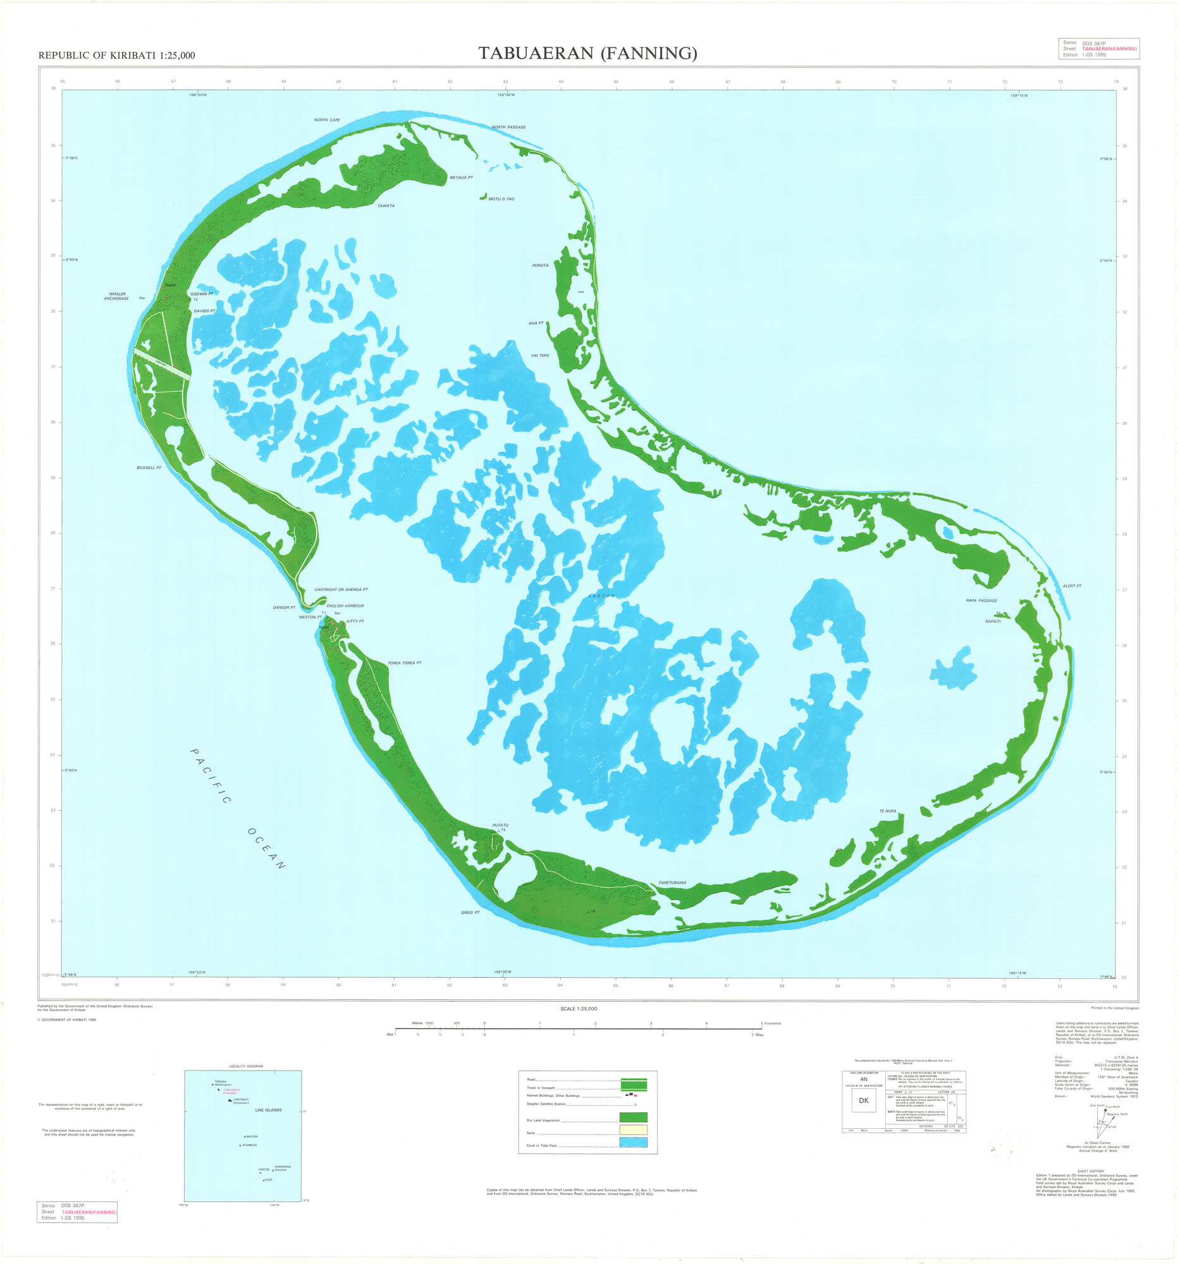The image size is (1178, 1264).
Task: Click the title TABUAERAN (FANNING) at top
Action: [x=587, y=54]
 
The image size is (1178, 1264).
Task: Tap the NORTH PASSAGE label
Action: [x=508, y=127]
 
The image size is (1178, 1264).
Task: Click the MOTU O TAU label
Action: [x=501, y=199]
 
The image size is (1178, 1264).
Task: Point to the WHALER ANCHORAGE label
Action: [x=116, y=296]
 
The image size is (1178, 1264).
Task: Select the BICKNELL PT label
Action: [x=149, y=468]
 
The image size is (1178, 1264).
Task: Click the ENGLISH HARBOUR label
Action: [x=345, y=606]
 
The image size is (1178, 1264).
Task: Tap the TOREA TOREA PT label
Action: [x=405, y=663]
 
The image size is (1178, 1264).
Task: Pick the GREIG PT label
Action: [x=470, y=913]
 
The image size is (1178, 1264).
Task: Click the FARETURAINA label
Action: [x=672, y=883]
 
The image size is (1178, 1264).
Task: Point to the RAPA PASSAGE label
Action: [x=981, y=600]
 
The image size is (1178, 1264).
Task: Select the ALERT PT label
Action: [x=1072, y=586]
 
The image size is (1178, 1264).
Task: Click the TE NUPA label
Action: [x=887, y=811]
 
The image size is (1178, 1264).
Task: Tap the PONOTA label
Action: [x=540, y=265]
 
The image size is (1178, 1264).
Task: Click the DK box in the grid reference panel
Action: [x=863, y=1100]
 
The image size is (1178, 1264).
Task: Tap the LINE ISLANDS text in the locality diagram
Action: [x=268, y=1110]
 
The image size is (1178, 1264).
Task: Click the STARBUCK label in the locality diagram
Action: [x=248, y=1145]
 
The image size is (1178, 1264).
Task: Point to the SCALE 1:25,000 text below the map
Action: [x=578, y=1009]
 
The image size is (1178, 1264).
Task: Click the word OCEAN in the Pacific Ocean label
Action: [x=266, y=849]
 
